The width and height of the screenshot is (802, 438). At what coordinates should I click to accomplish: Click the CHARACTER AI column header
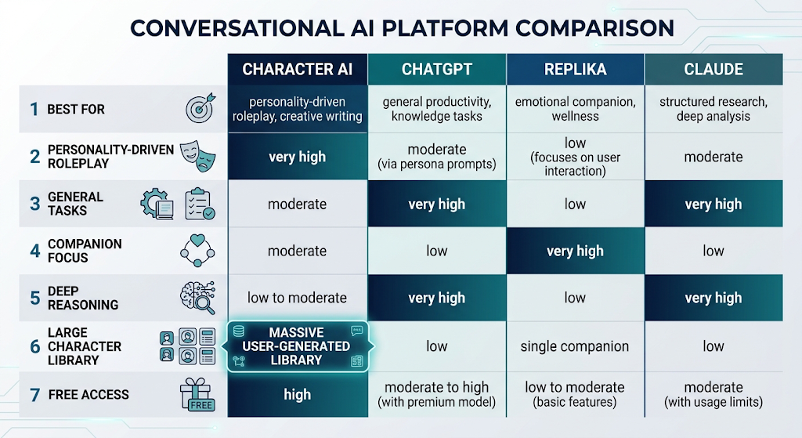pyautogui.click(x=297, y=69)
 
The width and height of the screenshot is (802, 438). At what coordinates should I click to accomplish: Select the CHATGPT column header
pyautogui.click(x=437, y=69)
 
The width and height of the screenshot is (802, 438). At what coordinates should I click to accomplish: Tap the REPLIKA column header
pyautogui.click(x=576, y=69)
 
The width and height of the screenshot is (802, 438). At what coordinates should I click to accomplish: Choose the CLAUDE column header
pyautogui.click(x=713, y=69)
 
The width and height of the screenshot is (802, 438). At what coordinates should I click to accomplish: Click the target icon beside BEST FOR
pyautogui.click(x=200, y=108)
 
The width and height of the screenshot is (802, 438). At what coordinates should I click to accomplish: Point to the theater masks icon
pyautogui.click(x=198, y=156)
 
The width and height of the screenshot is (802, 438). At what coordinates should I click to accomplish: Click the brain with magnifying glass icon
pyautogui.click(x=198, y=297)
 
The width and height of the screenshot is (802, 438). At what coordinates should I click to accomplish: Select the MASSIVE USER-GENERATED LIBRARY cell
pyautogui.click(x=297, y=346)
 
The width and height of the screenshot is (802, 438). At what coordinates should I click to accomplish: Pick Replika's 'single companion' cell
pyautogui.click(x=575, y=346)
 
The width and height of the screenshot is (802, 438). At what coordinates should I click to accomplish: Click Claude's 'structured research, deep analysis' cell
pyautogui.click(x=713, y=109)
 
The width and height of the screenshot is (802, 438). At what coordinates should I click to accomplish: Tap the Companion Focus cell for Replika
pyautogui.click(x=576, y=251)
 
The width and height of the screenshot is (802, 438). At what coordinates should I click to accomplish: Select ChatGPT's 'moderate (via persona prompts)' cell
pyautogui.click(x=437, y=157)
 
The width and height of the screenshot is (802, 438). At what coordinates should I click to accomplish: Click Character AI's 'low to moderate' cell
pyautogui.click(x=297, y=298)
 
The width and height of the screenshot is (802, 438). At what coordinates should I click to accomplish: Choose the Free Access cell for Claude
pyautogui.click(x=713, y=394)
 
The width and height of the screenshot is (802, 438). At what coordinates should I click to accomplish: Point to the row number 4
pyautogui.click(x=34, y=251)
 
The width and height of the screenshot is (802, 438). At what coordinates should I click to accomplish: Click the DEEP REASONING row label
pyautogui.click(x=83, y=298)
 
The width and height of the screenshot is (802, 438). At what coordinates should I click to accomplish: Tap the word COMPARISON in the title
pyautogui.click(x=594, y=28)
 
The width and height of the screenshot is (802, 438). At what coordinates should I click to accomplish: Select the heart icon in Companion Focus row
pyautogui.click(x=197, y=240)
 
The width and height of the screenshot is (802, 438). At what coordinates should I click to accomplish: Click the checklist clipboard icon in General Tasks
pyautogui.click(x=200, y=204)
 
